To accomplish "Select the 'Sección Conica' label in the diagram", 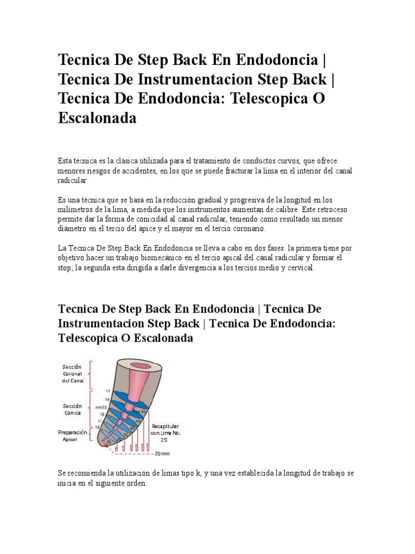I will (x=72, y=409).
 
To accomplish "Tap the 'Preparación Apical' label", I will (x=71, y=436).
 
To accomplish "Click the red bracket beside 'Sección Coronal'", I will (x=92, y=375).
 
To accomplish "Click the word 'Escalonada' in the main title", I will (x=97, y=118).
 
